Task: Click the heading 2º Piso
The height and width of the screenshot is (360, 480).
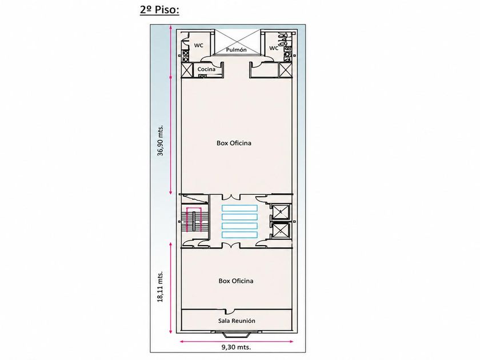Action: pyautogui.click(x=159, y=10)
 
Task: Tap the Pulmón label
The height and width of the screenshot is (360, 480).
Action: pyautogui.click(x=237, y=50)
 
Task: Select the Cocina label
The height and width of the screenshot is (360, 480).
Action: pyautogui.click(x=206, y=69)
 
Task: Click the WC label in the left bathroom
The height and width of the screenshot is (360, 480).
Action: pyautogui.click(x=198, y=46)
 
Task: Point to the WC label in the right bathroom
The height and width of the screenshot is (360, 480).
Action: pyautogui.click(x=274, y=48)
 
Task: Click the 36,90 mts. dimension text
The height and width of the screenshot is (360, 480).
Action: pyautogui.click(x=161, y=140)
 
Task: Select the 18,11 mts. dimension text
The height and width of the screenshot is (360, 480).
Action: pyautogui.click(x=161, y=286)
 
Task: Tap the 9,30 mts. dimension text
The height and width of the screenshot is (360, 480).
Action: pyautogui.click(x=236, y=347)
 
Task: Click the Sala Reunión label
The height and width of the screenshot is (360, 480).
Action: pyautogui.click(x=237, y=321)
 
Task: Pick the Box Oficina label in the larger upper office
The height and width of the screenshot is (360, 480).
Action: pyautogui.click(x=234, y=143)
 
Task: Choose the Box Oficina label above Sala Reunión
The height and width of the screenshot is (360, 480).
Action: pyautogui.click(x=236, y=281)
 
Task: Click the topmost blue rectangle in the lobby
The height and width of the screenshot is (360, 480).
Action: pyautogui.click(x=239, y=208)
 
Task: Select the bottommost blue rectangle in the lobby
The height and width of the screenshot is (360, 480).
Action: pyautogui.click(x=239, y=235)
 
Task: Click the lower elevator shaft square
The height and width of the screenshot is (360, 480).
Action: pyautogui.click(x=281, y=230)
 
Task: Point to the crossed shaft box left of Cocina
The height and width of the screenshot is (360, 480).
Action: pyautogui.click(x=186, y=70)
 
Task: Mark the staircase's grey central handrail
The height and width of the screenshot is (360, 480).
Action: pyautogui.click(x=194, y=221)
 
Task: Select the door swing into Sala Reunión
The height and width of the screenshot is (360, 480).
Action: pyautogui.click(x=229, y=311)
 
